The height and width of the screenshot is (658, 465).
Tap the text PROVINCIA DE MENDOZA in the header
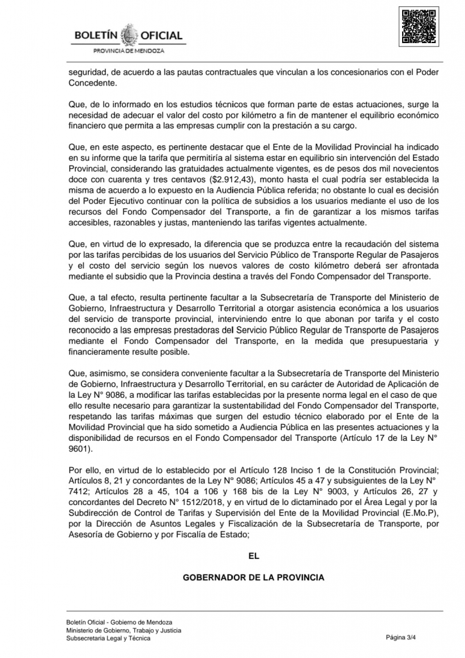tap(129, 50)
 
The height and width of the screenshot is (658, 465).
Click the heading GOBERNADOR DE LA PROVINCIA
tap(254, 577)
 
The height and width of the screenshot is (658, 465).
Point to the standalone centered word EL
tap(254, 556)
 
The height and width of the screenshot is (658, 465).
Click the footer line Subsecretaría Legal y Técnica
tap(108, 638)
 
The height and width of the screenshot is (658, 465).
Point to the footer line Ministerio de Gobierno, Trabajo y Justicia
tap(123, 630)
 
